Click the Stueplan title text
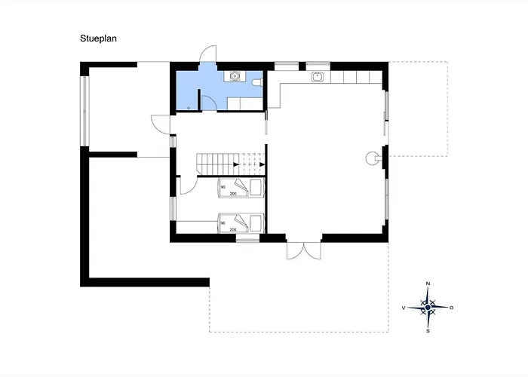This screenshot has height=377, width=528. pos(98,38)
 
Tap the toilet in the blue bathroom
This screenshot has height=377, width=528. pos(257,81)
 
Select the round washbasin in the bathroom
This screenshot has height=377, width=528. pos(235,76)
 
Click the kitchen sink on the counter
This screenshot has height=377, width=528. pos(317,77)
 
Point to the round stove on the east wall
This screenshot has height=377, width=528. pos(372,158)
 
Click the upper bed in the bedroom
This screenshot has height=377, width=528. pos(241,188)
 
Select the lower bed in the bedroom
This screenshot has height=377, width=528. pos(241,223)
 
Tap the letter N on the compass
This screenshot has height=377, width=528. pos(428,284)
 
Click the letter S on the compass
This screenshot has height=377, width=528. pos(428,331)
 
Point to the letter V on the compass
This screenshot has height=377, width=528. pos(404,308)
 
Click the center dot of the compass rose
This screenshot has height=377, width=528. pos(428,308)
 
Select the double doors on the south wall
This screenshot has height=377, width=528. pos(304,250)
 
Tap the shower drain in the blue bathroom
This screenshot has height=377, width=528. pos(189,108)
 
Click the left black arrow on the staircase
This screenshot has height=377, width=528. pos(236,164)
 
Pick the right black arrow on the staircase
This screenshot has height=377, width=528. pos(262,164)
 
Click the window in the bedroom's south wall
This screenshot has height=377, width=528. pos(247,240)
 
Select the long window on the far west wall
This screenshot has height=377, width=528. pos(84,111)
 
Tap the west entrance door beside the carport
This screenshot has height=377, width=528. pos(160,125)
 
